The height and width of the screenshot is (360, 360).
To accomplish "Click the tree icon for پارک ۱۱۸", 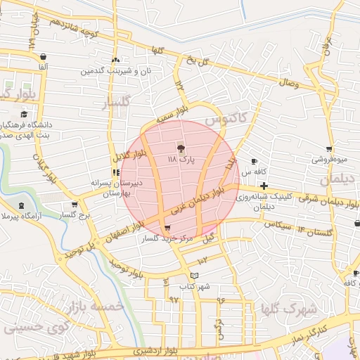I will click(181, 148).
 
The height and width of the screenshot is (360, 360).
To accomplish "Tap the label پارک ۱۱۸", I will click(181, 160).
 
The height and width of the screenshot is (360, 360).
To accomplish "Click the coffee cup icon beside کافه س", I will click(254, 162).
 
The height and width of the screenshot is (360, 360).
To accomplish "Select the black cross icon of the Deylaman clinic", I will click(264, 186).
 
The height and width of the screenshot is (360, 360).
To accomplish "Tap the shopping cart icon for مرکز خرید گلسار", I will click(167, 228).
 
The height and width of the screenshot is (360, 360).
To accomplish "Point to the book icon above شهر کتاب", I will click(195, 275).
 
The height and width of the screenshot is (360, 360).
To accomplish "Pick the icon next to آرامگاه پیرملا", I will click(21, 205).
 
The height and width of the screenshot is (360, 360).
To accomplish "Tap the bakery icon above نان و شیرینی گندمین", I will click(115, 60).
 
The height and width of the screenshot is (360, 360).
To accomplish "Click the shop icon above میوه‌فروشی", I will click(329, 149).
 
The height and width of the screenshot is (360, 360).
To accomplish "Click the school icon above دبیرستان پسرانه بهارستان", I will click(115, 172).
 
